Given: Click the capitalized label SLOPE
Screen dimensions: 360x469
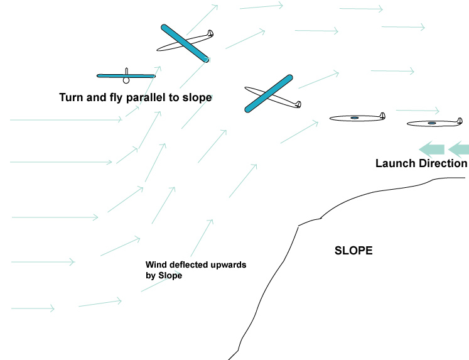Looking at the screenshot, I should [354, 251].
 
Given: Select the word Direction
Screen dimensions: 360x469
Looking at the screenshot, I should [443, 163].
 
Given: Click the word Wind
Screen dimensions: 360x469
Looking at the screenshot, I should [156, 265].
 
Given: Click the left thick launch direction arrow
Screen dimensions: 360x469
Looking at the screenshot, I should [431, 149].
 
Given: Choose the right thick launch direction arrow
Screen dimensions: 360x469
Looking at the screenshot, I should [460, 149].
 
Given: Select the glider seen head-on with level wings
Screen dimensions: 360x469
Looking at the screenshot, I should [126, 76].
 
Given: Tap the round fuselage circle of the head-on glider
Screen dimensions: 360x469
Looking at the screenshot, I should [126, 80].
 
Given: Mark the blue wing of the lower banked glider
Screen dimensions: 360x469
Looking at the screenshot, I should [269, 94].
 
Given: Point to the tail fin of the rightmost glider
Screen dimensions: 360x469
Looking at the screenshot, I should [460, 119].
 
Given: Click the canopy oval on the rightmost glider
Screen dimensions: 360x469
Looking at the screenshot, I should [431, 123].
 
